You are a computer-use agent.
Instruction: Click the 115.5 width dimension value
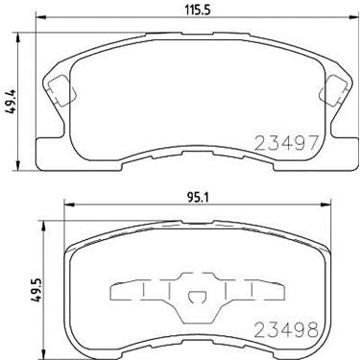pos(198,11)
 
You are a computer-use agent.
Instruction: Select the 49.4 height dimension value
pos(10,102)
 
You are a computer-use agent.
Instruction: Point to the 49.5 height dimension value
pos(37,290)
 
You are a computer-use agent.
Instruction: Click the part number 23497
pos(286,143)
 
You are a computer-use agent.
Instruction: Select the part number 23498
pos(286,329)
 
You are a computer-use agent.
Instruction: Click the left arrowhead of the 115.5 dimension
pos(40,17)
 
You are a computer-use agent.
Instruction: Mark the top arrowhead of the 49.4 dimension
pos(18,37)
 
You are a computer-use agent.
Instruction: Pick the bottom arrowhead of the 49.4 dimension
pos(18,165)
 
